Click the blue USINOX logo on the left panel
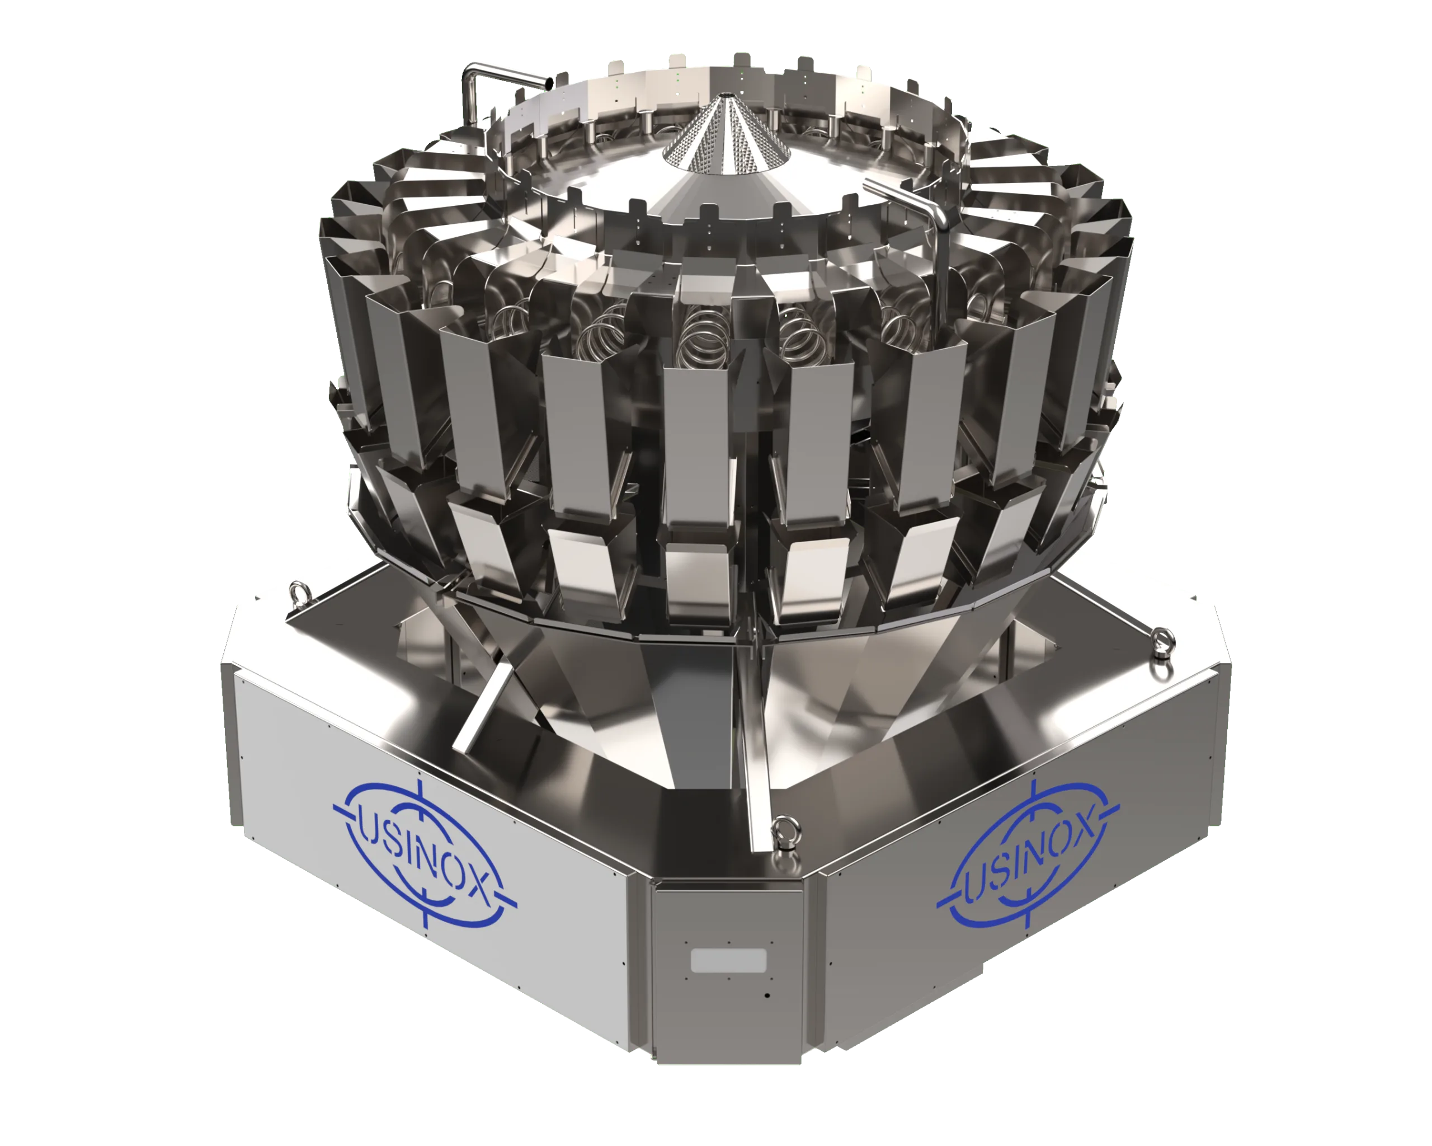tap(425, 854)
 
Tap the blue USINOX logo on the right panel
tap(1028, 855)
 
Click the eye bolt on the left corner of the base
tap(298, 590)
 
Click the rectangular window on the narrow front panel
tap(729, 961)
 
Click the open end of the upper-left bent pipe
tap(549, 82)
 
